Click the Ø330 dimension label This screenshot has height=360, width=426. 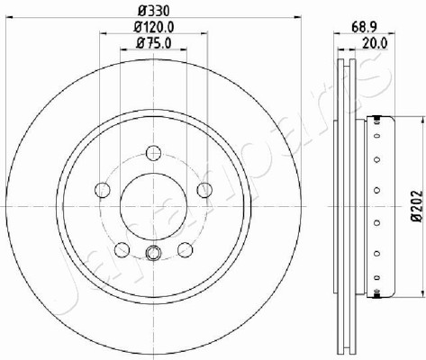click(153, 11)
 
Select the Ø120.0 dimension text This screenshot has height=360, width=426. click(154, 27)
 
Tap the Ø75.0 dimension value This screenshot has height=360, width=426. click(154, 43)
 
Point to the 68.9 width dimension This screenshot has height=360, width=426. click(364, 27)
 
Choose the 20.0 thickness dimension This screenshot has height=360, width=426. click(375, 43)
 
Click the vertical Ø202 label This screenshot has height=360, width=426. click(417, 206)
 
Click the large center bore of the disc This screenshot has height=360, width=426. click(153, 206)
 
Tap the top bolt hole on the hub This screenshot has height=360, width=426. click(153, 153)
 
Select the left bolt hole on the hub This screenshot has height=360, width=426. click(103, 190)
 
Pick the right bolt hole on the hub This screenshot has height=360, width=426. click(204, 190)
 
